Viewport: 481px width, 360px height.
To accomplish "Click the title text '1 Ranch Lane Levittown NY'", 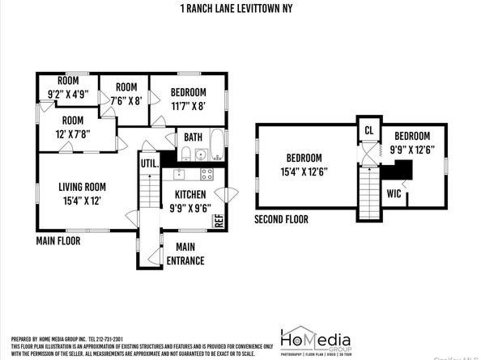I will [x=240, y=10].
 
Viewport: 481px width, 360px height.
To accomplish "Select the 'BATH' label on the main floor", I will [x=194, y=137].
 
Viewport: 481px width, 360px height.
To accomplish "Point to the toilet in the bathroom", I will [x=185, y=154].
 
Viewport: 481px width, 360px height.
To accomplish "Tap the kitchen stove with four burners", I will [x=206, y=173].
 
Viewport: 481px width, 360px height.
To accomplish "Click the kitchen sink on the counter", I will [x=181, y=173].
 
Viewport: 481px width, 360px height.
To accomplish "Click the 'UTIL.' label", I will [x=150, y=163].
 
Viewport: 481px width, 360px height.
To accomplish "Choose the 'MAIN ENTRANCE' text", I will [x=185, y=254].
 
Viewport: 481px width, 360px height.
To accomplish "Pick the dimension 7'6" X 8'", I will [x=125, y=100].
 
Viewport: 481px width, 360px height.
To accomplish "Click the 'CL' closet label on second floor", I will [x=369, y=130].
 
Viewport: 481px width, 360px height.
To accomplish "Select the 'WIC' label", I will [x=394, y=194].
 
